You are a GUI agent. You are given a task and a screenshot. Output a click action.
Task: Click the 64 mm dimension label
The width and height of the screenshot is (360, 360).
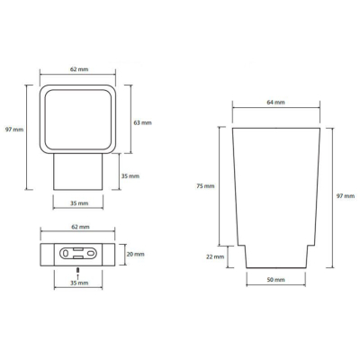275,103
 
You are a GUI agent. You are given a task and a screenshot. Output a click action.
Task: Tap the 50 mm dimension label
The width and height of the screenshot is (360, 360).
275,280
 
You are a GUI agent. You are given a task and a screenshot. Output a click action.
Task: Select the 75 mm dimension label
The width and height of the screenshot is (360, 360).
205,186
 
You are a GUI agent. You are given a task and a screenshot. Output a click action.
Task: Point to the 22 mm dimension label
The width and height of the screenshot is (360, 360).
215,256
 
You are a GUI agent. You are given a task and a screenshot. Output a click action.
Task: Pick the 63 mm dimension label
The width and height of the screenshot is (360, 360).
142,122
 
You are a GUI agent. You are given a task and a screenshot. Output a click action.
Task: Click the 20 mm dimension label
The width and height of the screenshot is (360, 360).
135,254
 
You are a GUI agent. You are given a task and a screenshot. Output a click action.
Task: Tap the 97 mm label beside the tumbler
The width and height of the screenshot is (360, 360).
346,196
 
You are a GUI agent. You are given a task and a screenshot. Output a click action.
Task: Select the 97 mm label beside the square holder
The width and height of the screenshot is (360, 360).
14,130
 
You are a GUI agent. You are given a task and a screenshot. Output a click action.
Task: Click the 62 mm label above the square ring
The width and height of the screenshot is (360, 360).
79,69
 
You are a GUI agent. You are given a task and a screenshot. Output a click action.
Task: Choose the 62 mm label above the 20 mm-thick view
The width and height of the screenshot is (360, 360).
80,227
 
